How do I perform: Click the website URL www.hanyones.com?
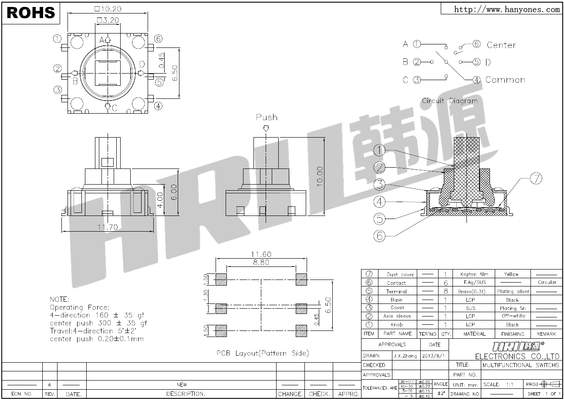507,9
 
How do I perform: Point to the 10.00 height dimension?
320,176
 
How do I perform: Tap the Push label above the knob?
266,117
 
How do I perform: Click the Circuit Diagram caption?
449,101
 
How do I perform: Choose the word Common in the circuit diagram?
505,80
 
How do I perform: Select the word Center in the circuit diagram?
501,45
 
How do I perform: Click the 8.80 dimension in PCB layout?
260,262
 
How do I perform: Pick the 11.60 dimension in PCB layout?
261,254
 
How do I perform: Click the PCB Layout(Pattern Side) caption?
263,353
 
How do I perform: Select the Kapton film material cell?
474,274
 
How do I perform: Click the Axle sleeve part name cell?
397,316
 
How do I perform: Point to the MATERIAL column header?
474,334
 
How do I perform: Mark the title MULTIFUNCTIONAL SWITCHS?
521,365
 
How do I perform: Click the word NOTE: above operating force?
60,300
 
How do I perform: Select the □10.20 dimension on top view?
107,9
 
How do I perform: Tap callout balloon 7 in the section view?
536,178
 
